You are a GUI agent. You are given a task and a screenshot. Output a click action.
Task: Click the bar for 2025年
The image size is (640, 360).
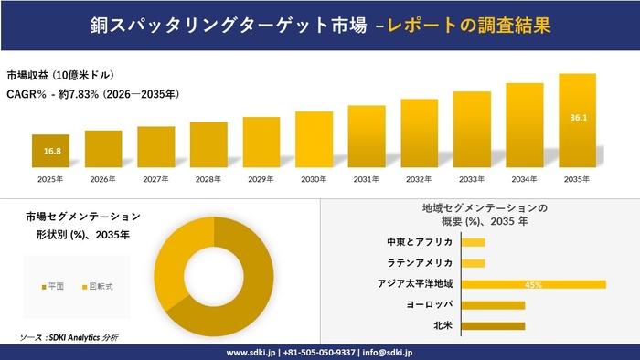(x=50, y=152)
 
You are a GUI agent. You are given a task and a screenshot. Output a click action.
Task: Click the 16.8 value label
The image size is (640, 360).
(x=50, y=151)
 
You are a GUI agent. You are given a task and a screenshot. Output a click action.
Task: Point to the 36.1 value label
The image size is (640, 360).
(x=578, y=118)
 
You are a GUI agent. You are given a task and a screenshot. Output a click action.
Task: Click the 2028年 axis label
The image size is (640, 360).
(x=208, y=179)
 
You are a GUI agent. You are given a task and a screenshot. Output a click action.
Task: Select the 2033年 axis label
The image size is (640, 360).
(x=472, y=179)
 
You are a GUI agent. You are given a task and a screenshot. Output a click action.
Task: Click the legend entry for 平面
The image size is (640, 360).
(x=53, y=287)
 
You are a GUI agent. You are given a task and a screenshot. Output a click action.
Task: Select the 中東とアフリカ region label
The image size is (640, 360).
(x=421, y=242)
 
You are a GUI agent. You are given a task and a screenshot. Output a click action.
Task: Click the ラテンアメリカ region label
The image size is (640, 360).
(x=424, y=263)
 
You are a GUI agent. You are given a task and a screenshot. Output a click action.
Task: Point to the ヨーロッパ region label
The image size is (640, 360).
(x=431, y=304)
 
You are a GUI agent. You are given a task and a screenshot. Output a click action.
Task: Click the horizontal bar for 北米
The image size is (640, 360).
(x=494, y=325)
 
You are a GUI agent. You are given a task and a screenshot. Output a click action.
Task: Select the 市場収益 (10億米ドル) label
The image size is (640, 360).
(x=60, y=75)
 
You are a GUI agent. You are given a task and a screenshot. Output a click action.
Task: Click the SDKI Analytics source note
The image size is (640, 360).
(x=69, y=337)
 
